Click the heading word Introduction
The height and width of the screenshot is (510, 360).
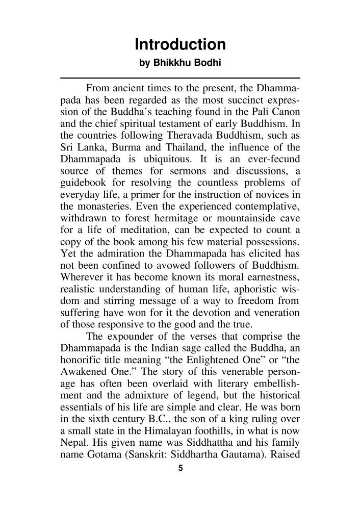coord(179,45)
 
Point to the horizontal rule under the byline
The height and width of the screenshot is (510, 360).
coord(179,78)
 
